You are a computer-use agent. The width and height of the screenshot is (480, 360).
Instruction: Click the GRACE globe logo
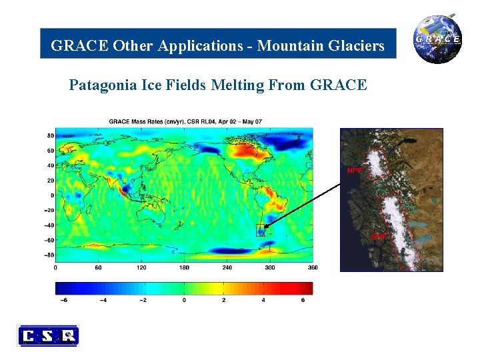[437, 39]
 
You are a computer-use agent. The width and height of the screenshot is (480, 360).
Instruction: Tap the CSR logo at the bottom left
[48, 335]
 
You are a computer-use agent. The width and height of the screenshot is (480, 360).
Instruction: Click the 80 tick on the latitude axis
[49, 135]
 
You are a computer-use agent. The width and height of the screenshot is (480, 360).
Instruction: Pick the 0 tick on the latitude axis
[51, 195]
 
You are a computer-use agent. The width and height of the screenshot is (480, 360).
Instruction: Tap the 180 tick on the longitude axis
[184, 267]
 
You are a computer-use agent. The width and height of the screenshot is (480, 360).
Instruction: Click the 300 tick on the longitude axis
[270, 267]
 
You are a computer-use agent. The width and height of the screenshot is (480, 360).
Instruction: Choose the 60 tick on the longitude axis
[98, 267]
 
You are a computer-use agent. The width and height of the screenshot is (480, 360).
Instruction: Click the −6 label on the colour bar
[64, 300]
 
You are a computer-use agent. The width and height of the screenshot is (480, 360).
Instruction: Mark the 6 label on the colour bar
[303, 300]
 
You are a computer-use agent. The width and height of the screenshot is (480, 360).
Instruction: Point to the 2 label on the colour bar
[223, 300]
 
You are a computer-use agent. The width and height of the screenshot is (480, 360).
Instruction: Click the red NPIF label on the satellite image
[354, 171]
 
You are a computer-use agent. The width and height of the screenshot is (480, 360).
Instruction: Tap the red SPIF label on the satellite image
[378, 235]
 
